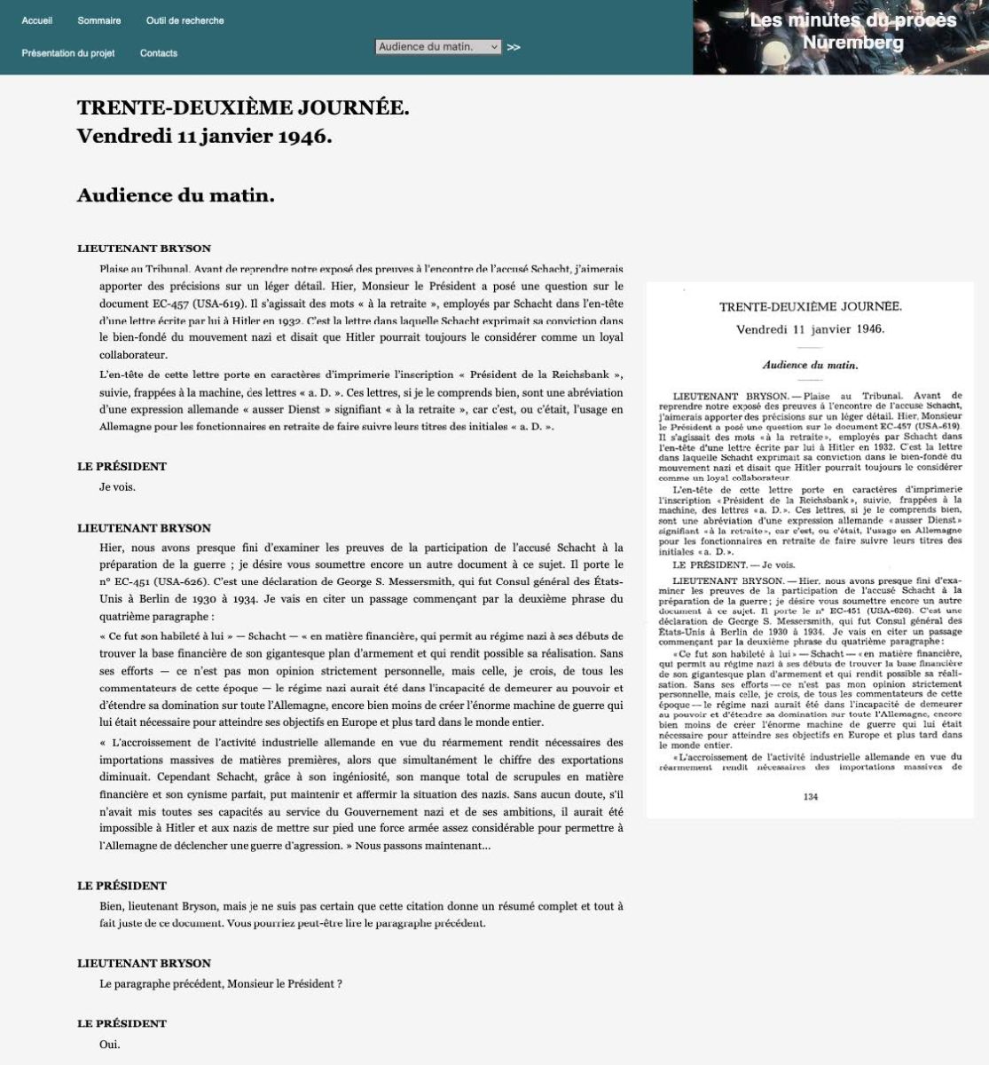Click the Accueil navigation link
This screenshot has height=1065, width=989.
click(x=37, y=20)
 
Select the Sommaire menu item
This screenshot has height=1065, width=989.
click(x=99, y=20)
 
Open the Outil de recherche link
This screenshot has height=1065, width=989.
click(x=184, y=20)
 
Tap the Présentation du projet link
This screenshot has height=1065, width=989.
click(x=68, y=53)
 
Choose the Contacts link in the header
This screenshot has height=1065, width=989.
click(x=159, y=53)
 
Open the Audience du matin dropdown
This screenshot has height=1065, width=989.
click(x=438, y=47)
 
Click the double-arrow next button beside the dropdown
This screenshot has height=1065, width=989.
click(x=514, y=48)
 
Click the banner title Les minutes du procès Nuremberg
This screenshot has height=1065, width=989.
click(x=852, y=31)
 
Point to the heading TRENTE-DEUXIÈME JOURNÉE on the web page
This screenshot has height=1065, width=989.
click(x=243, y=108)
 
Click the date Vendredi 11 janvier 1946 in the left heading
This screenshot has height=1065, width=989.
click(x=204, y=137)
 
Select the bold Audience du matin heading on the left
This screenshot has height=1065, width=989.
click(x=176, y=195)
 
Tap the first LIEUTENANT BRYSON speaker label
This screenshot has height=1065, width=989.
click(x=144, y=248)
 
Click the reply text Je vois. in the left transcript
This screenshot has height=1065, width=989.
click(x=117, y=486)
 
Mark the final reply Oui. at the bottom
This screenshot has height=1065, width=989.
click(x=109, y=1044)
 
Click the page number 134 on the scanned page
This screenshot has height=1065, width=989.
click(x=809, y=796)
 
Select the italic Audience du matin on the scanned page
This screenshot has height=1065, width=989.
click(x=809, y=365)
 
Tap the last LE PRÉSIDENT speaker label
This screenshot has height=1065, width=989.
click(x=122, y=1023)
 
